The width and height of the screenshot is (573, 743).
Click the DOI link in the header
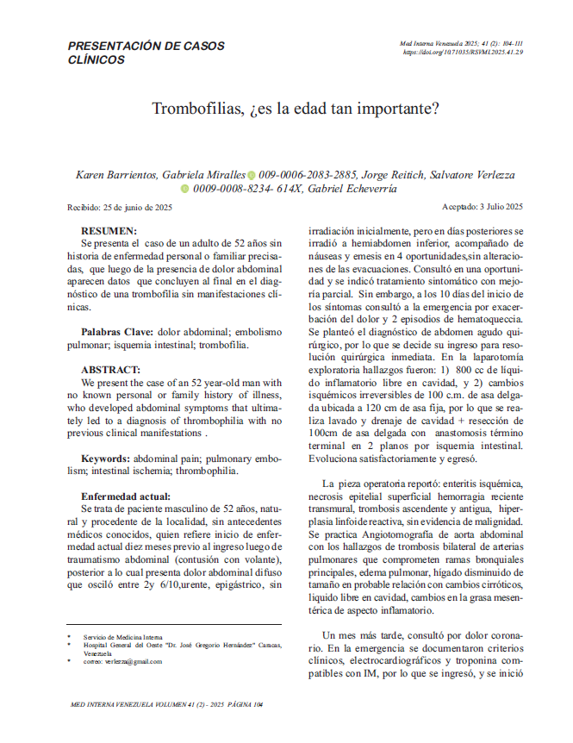(x=464, y=53)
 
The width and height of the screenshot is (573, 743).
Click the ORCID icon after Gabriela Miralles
(x=251, y=175)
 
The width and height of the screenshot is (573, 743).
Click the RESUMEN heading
(x=109, y=231)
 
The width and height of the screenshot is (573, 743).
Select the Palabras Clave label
(x=117, y=332)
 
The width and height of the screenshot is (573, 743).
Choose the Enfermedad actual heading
(x=126, y=496)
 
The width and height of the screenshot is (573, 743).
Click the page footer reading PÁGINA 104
(x=242, y=704)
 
